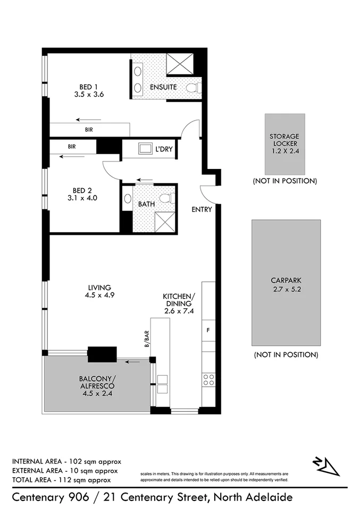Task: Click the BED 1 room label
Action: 89,87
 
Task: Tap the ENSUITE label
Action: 163,87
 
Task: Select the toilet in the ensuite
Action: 194,87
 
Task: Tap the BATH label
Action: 146,203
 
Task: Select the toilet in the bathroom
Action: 166,198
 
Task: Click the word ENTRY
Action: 202,209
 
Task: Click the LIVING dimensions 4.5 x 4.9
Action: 100,295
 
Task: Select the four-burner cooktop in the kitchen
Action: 208,379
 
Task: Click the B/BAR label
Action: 146,339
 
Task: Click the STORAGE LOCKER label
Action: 284,139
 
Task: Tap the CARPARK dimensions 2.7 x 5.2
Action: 286,290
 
